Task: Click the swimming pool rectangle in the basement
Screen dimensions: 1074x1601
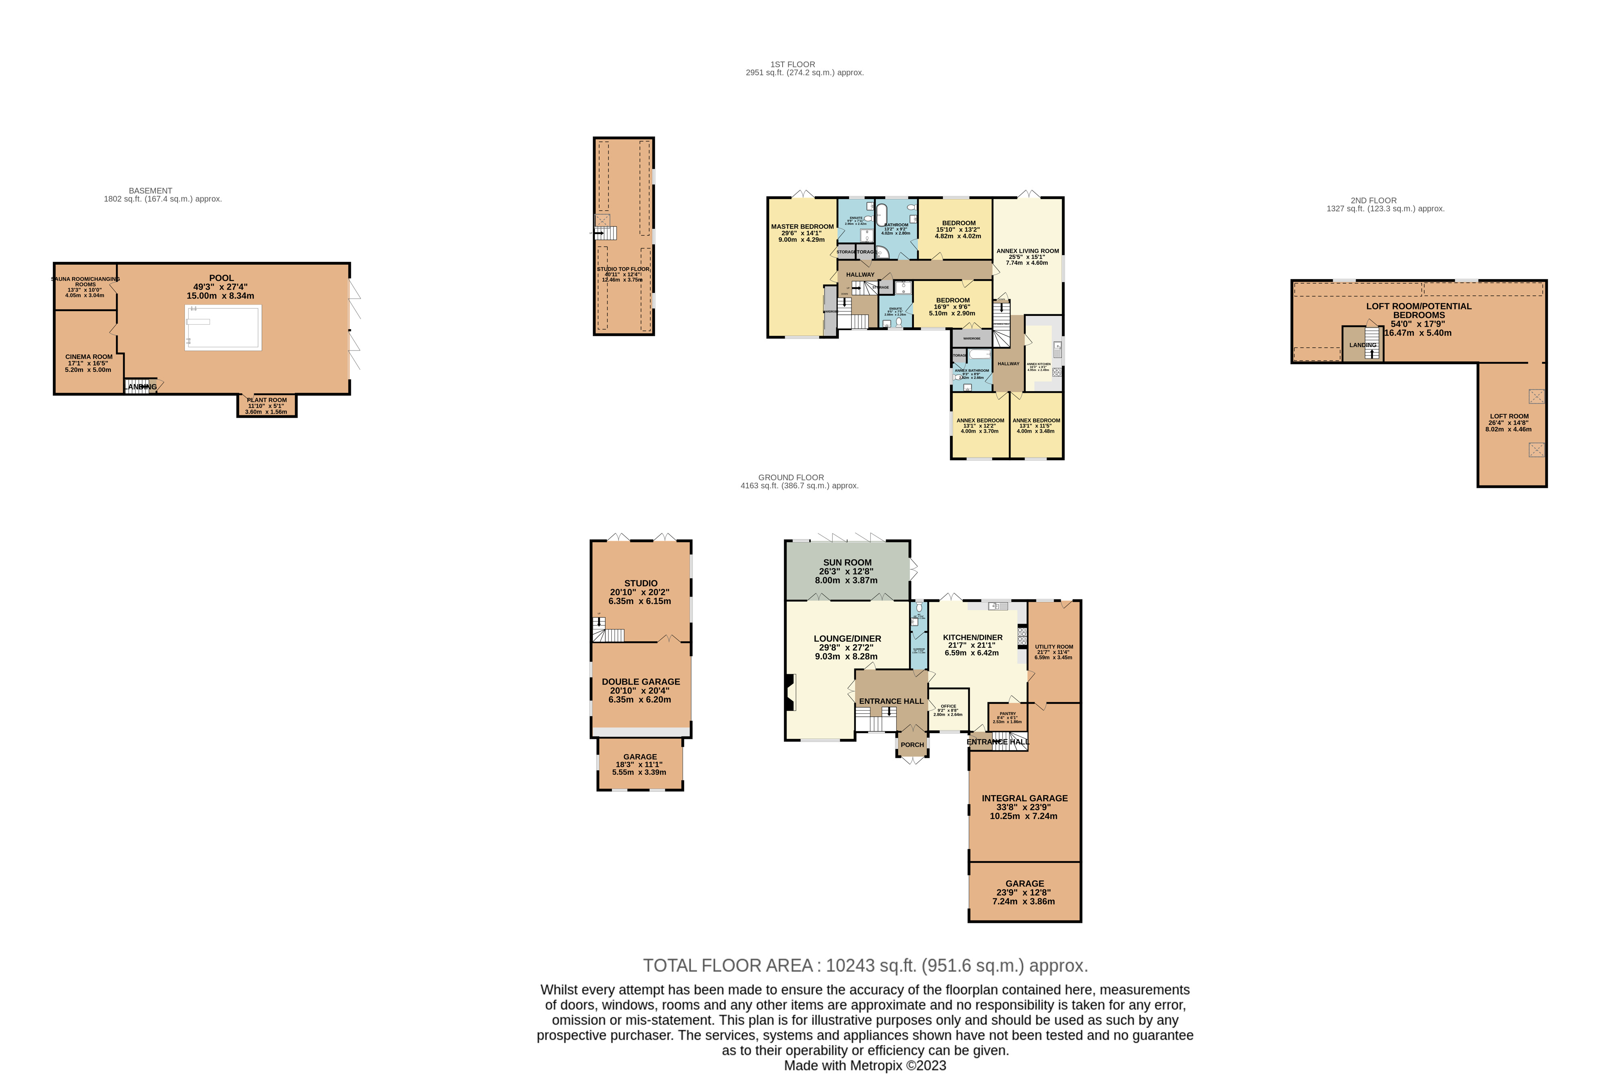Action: pyautogui.click(x=223, y=328)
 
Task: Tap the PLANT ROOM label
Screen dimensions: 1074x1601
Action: pyautogui.click(x=267, y=400)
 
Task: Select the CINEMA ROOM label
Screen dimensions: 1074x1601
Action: pyautogui.click(x=89, y=357)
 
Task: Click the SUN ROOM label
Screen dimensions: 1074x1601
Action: pyautogui.click(x=847, y=562)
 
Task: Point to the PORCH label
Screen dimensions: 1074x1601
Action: pyautogui.click(x=912, y=744)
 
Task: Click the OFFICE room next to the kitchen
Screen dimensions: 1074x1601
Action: pyautogui.click(x=949, y=709)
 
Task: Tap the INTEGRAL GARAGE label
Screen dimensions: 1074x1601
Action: pyautogui.click(x=1024, y=798)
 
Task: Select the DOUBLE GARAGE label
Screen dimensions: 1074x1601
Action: pyautogui.click(x=641, y=682)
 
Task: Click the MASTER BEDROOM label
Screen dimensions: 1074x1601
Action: pyautogui.click(x=803, y=227)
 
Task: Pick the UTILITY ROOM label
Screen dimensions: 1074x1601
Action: pyautogui.click(x=1054, y=647)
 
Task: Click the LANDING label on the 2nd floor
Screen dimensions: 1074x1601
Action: pyautogui.click(x=1363, y=345)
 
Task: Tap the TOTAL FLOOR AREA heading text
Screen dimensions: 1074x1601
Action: pyautogui.click(x=865, y=966)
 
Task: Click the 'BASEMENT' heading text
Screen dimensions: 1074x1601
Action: pyautogui.click(x=151, y=191)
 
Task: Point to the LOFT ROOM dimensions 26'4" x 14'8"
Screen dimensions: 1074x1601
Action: pyautogui.click(x=1509, y=423)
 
